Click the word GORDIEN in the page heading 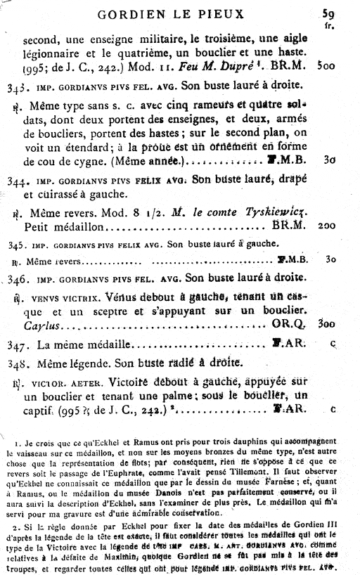click(127, 13)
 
